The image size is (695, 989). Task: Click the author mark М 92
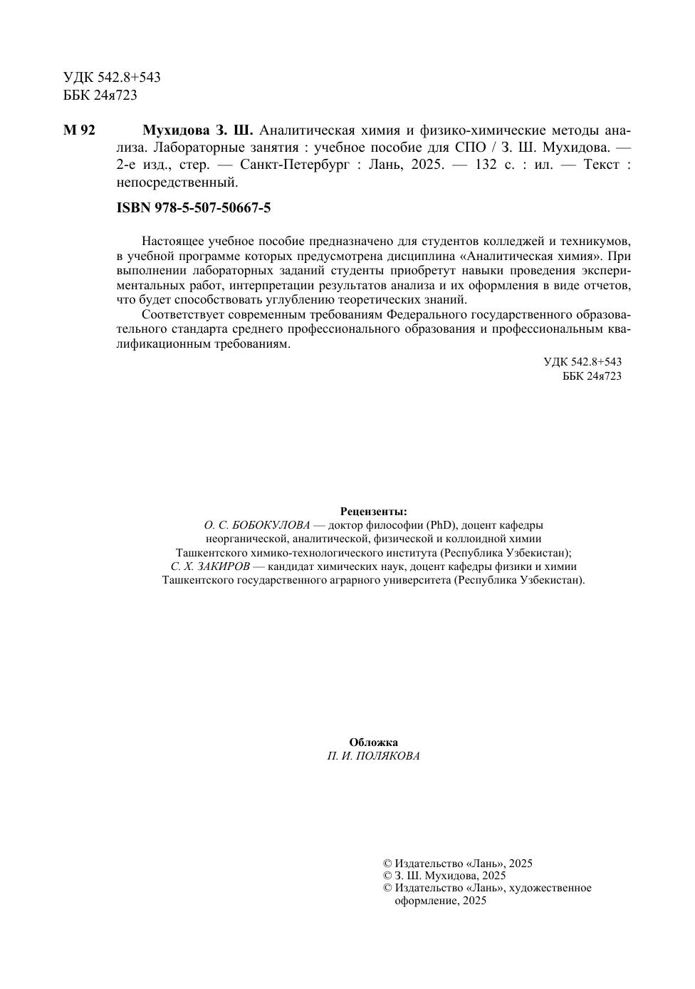(x=79, y=130)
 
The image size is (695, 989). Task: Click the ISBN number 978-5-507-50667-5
(x=194, y=208)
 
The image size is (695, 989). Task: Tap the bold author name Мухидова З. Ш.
(x=198, y=130)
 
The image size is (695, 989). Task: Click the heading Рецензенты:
(x=374, y=511)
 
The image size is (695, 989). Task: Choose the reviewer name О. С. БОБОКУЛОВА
(x=257, y=525)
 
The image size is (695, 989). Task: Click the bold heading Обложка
(x=374, y=742)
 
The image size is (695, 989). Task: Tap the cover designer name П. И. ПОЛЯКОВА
(x=374, y=756)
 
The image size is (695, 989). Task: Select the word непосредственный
(x=176, y=182)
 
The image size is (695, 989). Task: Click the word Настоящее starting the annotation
(x=169, y=241)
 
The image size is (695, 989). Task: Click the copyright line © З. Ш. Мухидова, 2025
(x=444, y=876)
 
